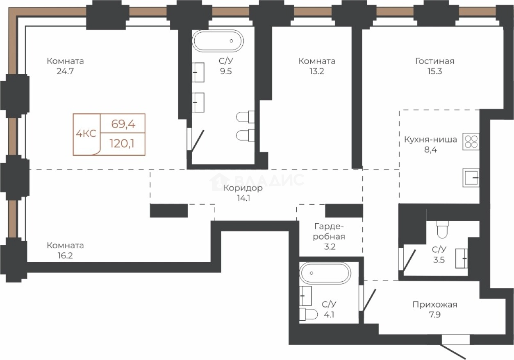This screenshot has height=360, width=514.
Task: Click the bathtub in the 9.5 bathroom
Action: click(x=218, y=41)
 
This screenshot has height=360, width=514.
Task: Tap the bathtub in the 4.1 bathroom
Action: click(x=325, y=273)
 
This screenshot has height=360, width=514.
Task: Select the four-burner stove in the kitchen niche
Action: click(x=471, y=142)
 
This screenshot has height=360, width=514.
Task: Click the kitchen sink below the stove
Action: click(x=471, y=178)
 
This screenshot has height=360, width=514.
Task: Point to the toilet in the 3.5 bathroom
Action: click(x=442, y=229)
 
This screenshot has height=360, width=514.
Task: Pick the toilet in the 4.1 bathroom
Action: click(x=308, y=314)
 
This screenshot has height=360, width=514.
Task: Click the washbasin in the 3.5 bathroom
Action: click(x=462, y=258)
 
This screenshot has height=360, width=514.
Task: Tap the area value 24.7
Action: click(x=66, y=71)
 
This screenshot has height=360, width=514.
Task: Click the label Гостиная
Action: click(x=435, y=61)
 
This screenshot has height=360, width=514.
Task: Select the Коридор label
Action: click(x=243, y=188)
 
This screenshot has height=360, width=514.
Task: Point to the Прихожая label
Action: click(x=435, y=305)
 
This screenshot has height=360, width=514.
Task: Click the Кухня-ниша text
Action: click(x=430, y=139)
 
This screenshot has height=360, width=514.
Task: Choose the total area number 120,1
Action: click(x=122, y=144)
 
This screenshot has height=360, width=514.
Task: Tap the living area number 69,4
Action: click(x=123, y=124)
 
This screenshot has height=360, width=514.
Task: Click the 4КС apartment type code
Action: click(x=86, y=134)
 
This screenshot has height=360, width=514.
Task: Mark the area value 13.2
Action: click(x=317, y=71)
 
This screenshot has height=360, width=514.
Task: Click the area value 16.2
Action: click(x=65, y=256)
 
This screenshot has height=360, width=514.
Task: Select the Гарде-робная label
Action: click(x=329, y=231)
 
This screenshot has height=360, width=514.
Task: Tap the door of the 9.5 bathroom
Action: click(x=197, y=141)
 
